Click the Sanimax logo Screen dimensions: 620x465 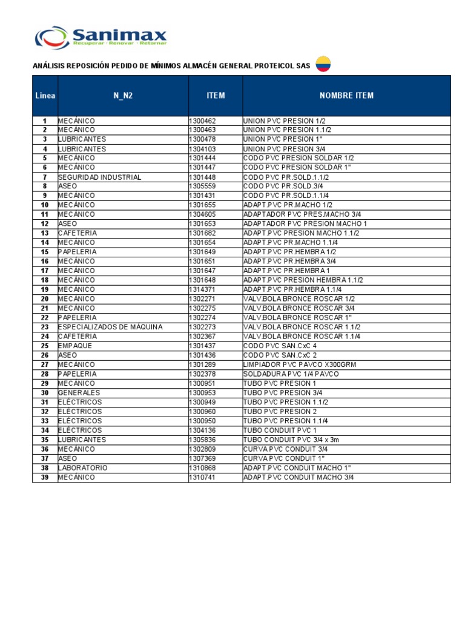tap(101, 37)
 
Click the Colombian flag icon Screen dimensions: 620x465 tap(323, 65)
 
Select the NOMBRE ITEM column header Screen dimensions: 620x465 tap(346, 96)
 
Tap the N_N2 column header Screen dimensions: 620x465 tap(123, 96)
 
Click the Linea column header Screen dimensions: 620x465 tap(45, 96)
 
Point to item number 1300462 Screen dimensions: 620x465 tap(202, 121)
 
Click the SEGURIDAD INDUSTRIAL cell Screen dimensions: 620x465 tap(100, 177)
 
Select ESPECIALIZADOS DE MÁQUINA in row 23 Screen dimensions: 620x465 tap(110, 327)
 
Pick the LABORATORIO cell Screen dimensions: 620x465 tap(83, 468)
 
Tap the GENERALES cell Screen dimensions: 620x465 tap(79, 393)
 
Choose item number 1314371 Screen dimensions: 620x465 tap(202, 289)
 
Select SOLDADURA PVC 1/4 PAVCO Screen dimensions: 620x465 tap(291, 374)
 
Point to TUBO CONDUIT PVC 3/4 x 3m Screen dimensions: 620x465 tap(291, 440)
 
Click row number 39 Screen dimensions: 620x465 tap(45, 477)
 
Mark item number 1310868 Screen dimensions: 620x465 tap(202, 468)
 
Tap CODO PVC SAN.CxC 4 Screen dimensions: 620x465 tap(280, 346)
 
